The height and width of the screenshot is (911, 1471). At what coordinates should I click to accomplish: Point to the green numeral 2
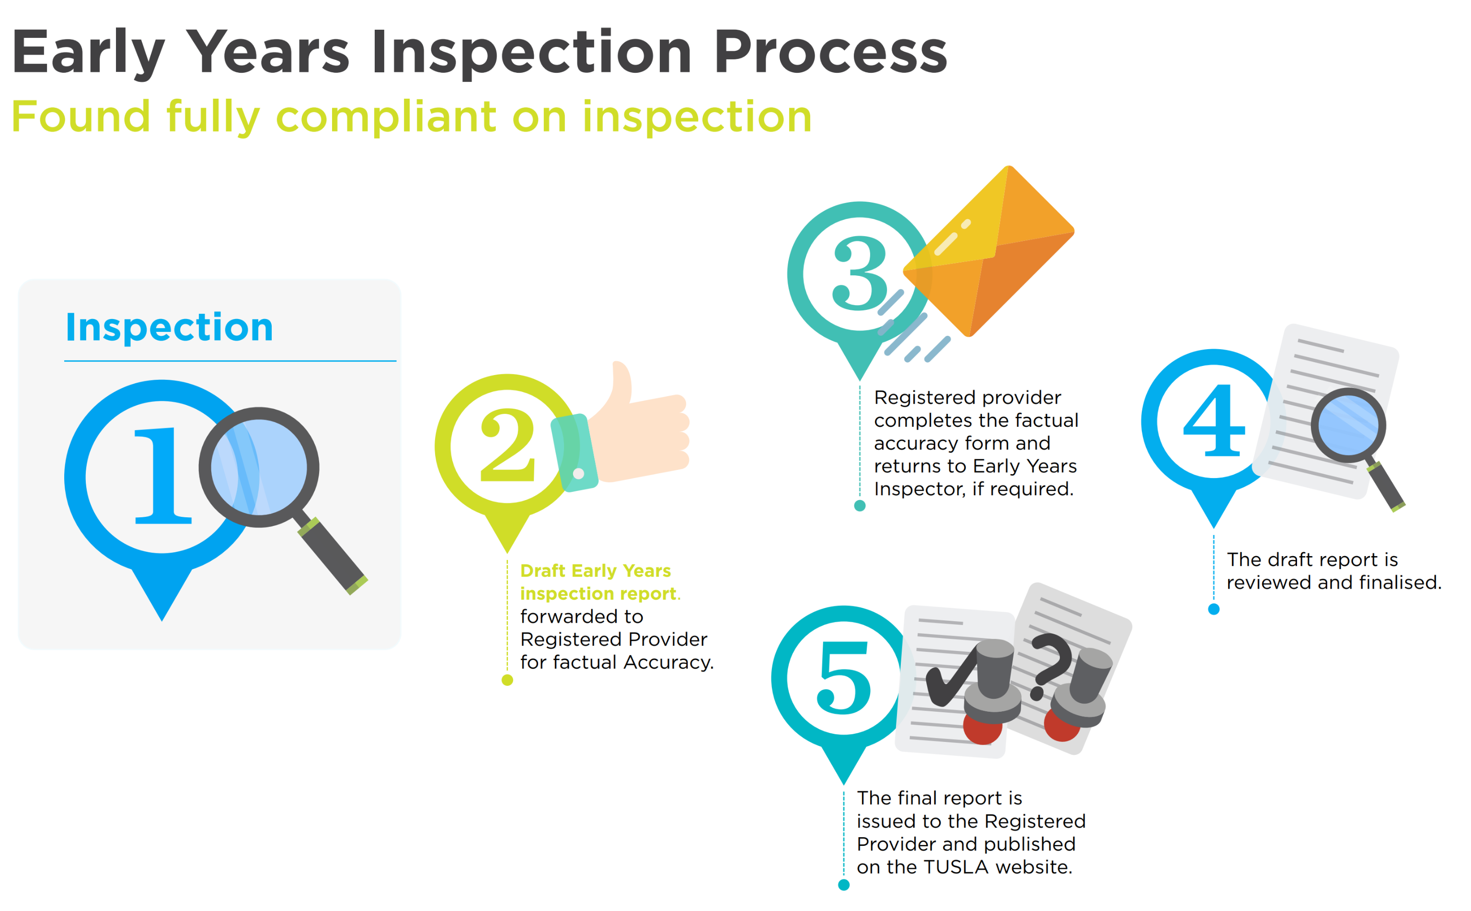coord(507,445)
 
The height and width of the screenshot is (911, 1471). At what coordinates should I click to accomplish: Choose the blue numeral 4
coord(1214,421)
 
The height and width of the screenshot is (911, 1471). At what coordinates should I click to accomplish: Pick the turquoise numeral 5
coord(844,678)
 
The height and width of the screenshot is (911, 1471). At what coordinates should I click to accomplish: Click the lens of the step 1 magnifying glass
coord(259,467)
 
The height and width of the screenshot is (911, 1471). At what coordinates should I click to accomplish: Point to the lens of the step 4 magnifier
coord(1349,425)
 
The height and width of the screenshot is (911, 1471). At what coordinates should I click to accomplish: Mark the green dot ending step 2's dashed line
coord(507,680)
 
